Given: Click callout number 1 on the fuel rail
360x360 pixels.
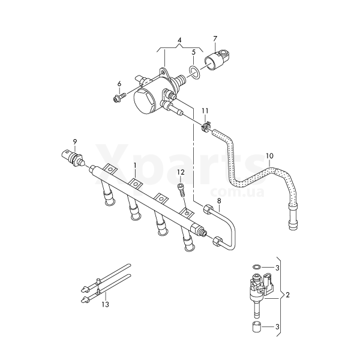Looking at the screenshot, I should [x=135, y=164].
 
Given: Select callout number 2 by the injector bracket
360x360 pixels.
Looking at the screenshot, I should [x=288, y=295].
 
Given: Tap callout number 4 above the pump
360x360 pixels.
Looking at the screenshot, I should [x=179, y=40].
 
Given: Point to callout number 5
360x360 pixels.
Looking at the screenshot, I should [x=194, y=53].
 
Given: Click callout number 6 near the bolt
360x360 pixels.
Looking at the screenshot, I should [x=119, y=83].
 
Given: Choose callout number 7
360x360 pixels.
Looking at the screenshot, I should [x=215, y=39].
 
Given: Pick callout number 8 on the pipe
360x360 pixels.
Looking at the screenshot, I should [x=219, y=200].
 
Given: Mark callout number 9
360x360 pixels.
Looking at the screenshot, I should [x=75, y=142].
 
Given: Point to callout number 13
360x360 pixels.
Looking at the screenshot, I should [x=106, y=305].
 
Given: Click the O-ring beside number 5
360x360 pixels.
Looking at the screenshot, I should [x=194, y=73].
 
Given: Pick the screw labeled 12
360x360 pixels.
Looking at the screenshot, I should [x=180, y=190].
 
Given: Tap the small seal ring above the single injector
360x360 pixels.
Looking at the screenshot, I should [x=256, y=266].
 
